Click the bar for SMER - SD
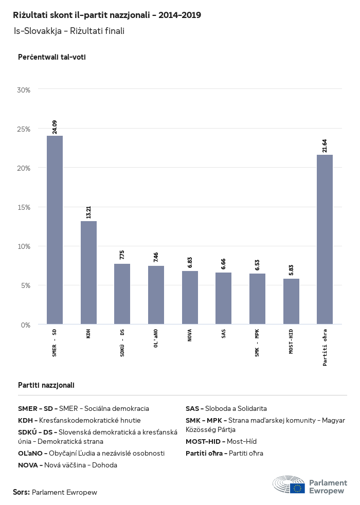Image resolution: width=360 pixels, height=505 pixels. coord(55,230)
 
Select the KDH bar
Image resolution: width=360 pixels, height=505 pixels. coord(88,273)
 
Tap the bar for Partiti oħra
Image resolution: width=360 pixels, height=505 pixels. coord(325,239)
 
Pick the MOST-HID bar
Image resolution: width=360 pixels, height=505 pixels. coord(291,301)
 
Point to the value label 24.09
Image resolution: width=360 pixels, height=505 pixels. coord(55,127)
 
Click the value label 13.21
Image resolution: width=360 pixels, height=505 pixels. coord(88,212)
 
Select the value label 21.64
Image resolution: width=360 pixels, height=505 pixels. coord(325,146)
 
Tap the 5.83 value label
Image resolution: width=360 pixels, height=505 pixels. coord(291,270)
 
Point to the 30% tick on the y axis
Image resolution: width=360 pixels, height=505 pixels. coord(24,90)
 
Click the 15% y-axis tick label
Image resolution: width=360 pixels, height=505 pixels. coord(24,207)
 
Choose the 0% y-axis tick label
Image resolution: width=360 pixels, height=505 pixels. coord(26,324)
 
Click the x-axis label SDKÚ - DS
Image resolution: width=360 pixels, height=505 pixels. coord(122,343)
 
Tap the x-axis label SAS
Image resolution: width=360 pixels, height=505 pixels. coord(224,335)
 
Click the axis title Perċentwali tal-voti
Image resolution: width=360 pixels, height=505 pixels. coord(51,57)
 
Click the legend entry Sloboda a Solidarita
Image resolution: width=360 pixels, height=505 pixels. coord(236,408)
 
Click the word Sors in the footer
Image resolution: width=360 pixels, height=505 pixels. coord(21,492)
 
